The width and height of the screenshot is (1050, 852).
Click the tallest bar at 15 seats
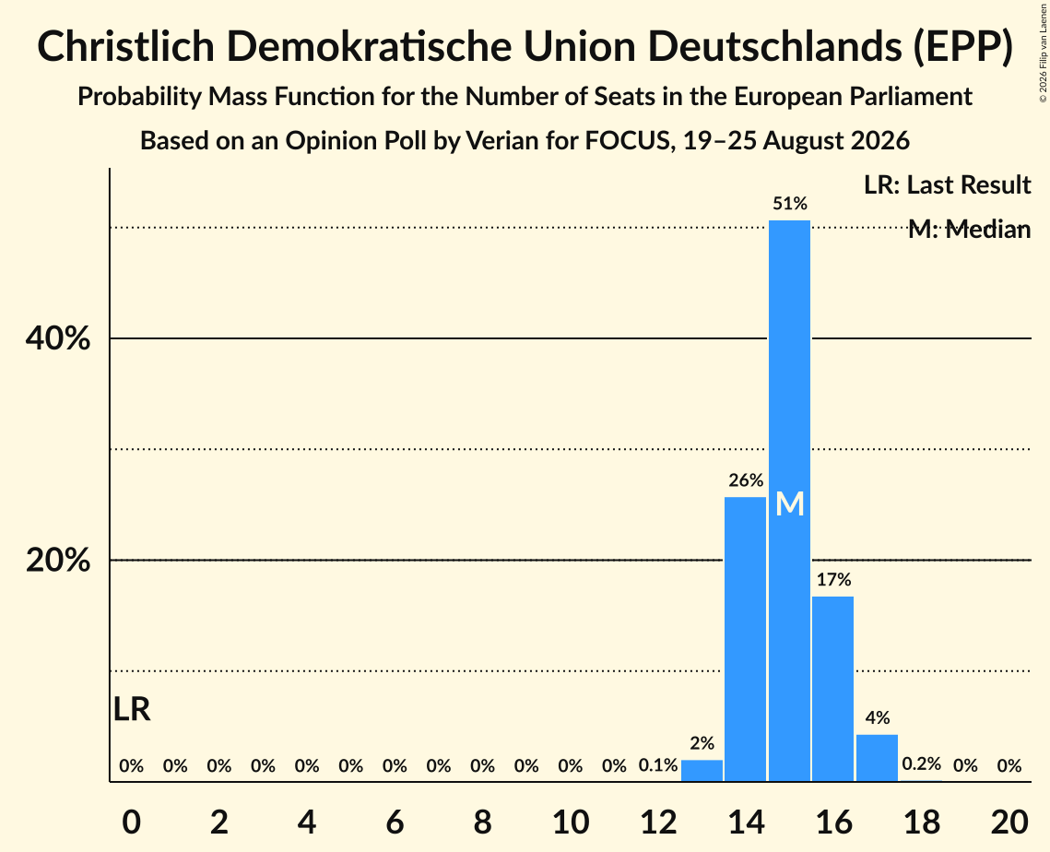(x=789, y=501)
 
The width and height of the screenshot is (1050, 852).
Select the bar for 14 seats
(x=745, y=639)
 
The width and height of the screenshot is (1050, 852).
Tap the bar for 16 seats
(x=833, y=689)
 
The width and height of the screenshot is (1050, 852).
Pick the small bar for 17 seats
(x=878, y=758)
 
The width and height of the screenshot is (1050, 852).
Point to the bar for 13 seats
(x=702, y=771)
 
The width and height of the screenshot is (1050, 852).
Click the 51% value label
(x=789, y=204)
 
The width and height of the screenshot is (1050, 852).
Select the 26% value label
(x=746, y=480)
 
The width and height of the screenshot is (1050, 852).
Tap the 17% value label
(x=833, y=579)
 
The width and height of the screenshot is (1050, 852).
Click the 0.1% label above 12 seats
(x=658, y=765)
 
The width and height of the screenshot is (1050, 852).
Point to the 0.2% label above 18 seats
(x=922, y=763)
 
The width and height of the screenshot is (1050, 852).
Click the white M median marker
(x=789, y=503)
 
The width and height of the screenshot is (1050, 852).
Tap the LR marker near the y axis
(x=132, y=709)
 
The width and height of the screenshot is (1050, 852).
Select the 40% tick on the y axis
(x=57, y=338)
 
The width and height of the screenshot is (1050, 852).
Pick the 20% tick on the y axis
(x=57, y=560)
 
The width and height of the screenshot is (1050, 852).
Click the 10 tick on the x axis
(x=571, y=822)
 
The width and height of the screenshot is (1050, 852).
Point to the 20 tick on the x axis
(x=1009, y=822)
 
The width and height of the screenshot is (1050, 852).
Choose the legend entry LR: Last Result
(x=947, y=184)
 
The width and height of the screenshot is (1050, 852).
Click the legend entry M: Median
(x=969, y=230)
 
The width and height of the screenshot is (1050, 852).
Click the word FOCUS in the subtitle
(x=629, y=141)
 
